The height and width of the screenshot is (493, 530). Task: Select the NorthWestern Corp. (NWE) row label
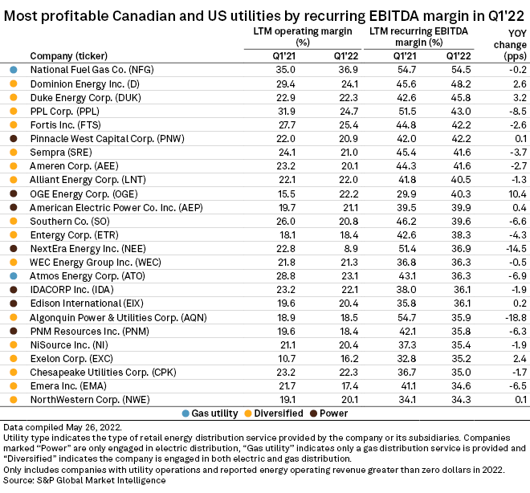tap(83, 399)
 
